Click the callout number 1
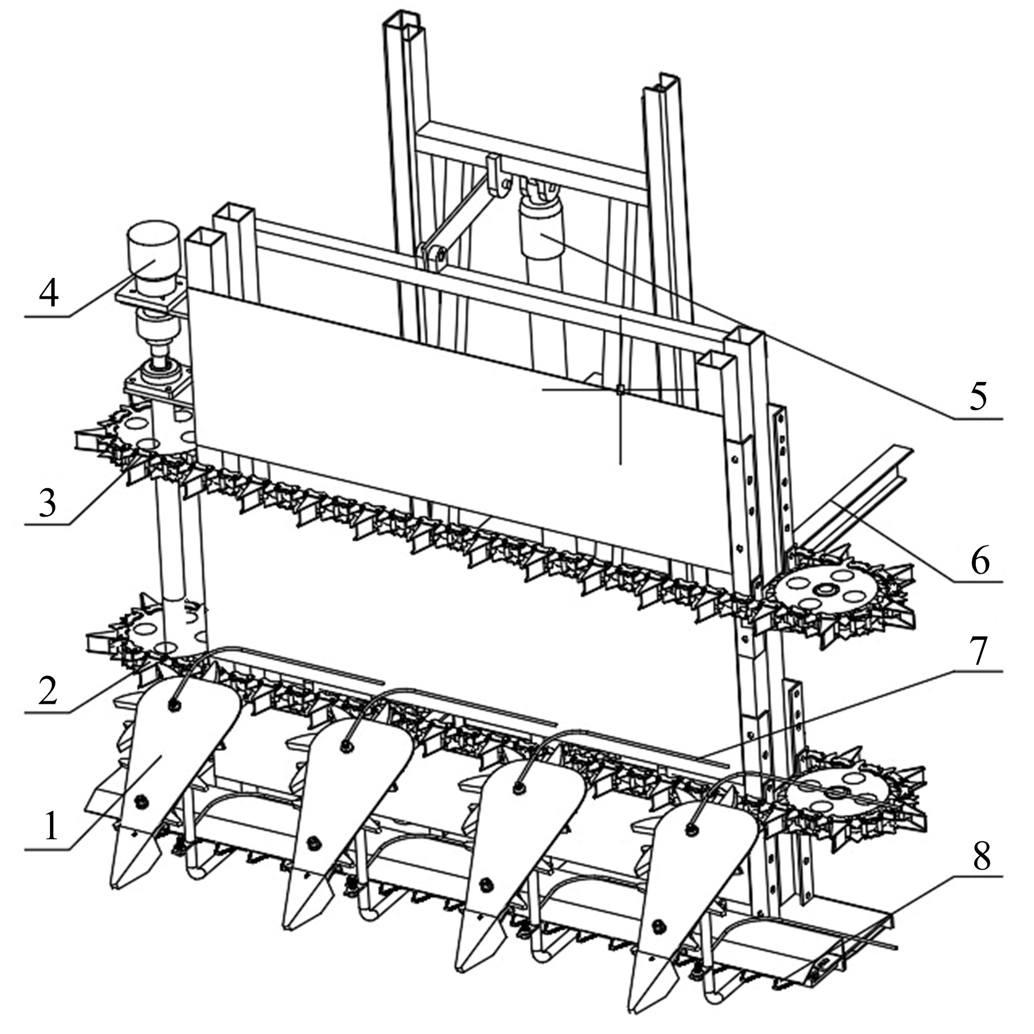pos(51,826)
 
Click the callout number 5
pos(977,397)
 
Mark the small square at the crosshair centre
pos(619,388)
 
